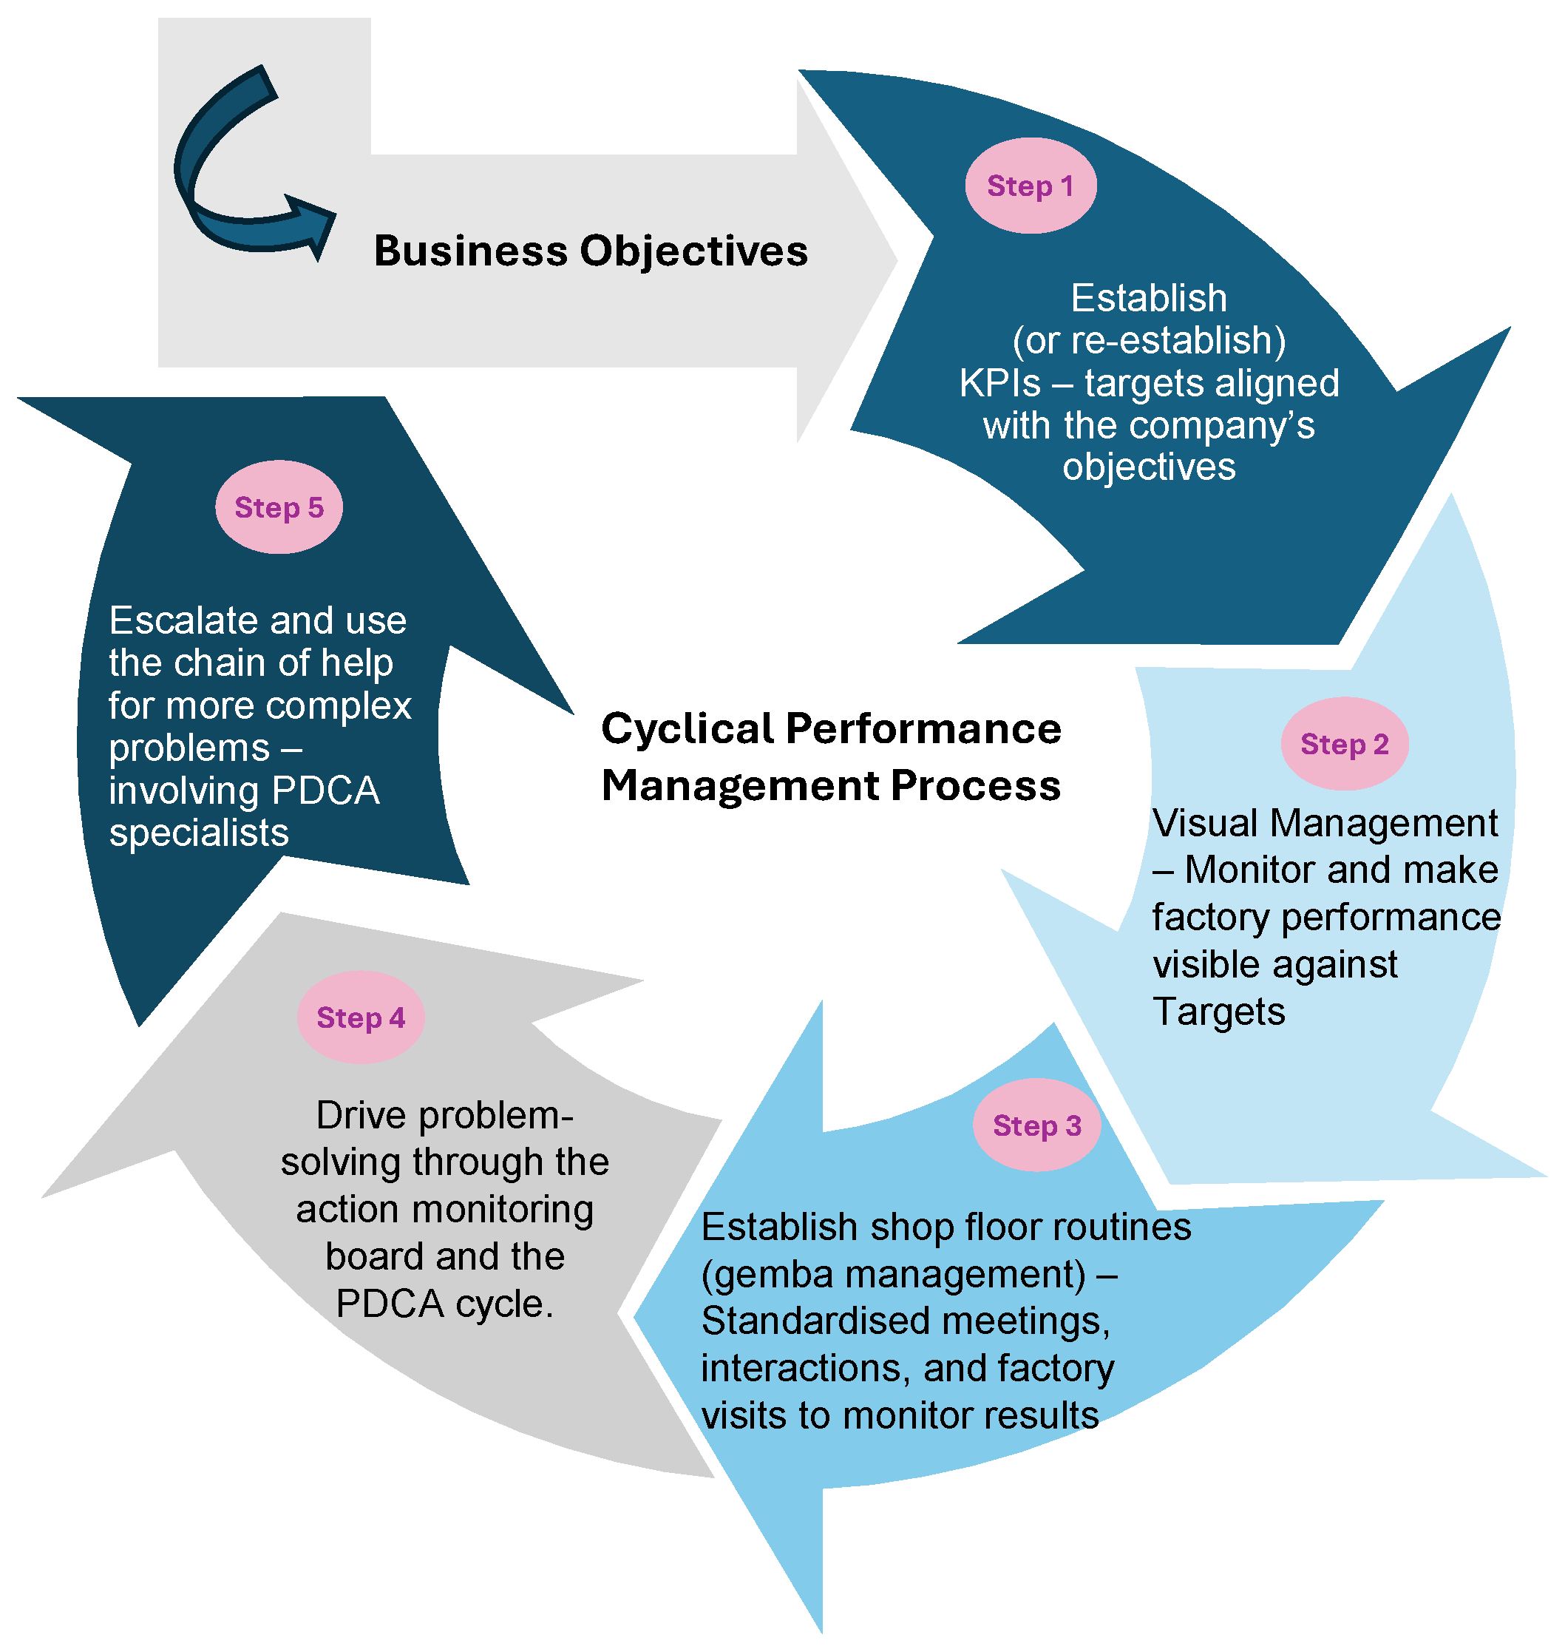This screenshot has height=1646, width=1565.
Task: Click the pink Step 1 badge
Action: tap(1031, 185)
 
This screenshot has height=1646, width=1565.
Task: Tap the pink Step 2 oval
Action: tap(1344, 743)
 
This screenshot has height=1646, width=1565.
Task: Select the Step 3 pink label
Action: tap(1036, 1125)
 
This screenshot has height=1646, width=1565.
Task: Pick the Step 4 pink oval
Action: tap(360, 1017)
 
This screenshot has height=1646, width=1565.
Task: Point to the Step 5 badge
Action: tap(279, 507)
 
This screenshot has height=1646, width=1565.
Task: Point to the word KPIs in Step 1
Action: tap(999, 384)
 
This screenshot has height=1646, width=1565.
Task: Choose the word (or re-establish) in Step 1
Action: tap(1149, 340)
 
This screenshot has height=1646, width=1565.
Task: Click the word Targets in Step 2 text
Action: tap(1218, 1012)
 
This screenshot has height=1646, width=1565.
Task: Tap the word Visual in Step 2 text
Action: tap(1205, 824)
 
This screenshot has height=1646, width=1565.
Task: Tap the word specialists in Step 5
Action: tap(199, 833)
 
